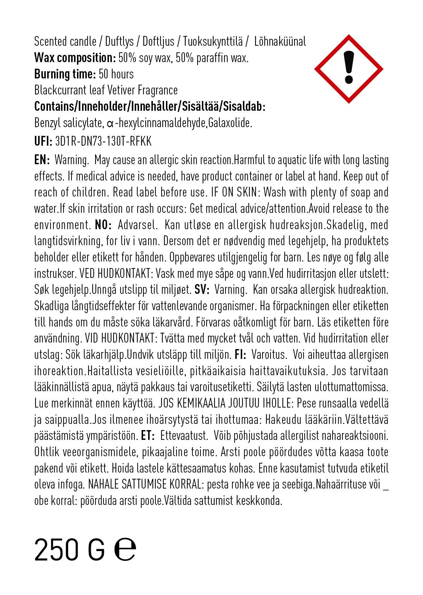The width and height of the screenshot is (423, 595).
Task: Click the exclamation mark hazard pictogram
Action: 348,69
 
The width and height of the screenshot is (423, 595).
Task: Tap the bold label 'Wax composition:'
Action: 75,58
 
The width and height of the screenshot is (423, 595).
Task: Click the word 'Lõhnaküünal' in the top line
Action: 280,42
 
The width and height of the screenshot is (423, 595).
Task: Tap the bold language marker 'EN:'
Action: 42,160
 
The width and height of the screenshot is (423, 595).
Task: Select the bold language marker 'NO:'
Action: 103,225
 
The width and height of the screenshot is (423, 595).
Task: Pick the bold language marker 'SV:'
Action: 201,290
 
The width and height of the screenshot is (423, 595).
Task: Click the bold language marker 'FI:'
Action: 240,354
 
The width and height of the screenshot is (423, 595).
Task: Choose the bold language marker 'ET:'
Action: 148,435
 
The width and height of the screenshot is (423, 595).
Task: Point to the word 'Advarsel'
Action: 138,225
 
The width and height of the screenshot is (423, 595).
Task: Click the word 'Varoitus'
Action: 269,354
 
